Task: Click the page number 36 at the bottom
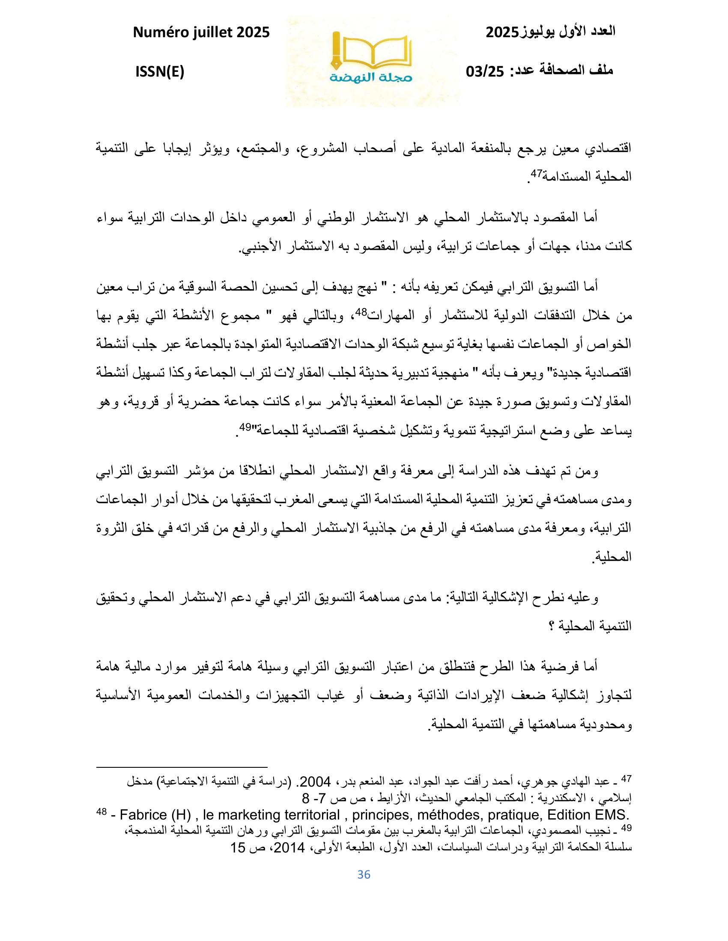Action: pyautogui.click(x=364, y=874)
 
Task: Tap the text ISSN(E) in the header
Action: pyautogui.click(x=160, y=72)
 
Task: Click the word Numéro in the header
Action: pyautogui.click(x=161, y=32)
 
